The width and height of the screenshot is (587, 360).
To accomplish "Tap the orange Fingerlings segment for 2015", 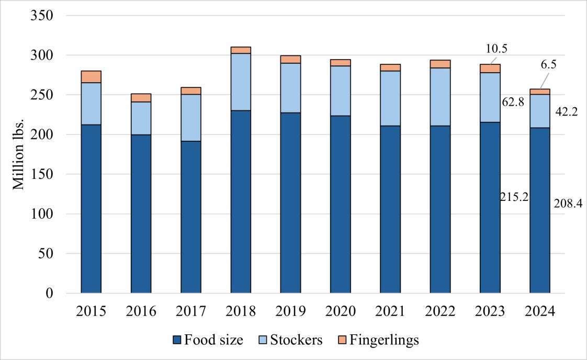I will pyautogui.click(x=91, y=76).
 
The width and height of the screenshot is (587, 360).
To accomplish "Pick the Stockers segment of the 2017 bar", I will pyautogui.click(x=190, y=118).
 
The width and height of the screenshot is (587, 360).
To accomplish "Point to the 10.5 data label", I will pyautogui.click(x=496, y=49).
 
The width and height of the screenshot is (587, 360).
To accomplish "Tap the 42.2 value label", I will pyautogui.click(x=566, y=111).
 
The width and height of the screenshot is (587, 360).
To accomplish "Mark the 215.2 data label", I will pyautogui.click(x=514, y=198).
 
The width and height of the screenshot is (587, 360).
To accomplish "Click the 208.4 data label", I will pyautogui.click(x=566, y=202).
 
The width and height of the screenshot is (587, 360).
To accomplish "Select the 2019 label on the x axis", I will pyautogui.click(x=290, y=312).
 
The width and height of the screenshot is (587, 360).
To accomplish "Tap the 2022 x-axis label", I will pyautogui.click(x=440, y=312).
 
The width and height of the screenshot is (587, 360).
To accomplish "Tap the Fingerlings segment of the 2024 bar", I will pyautogui.click(x=539, y=92).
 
